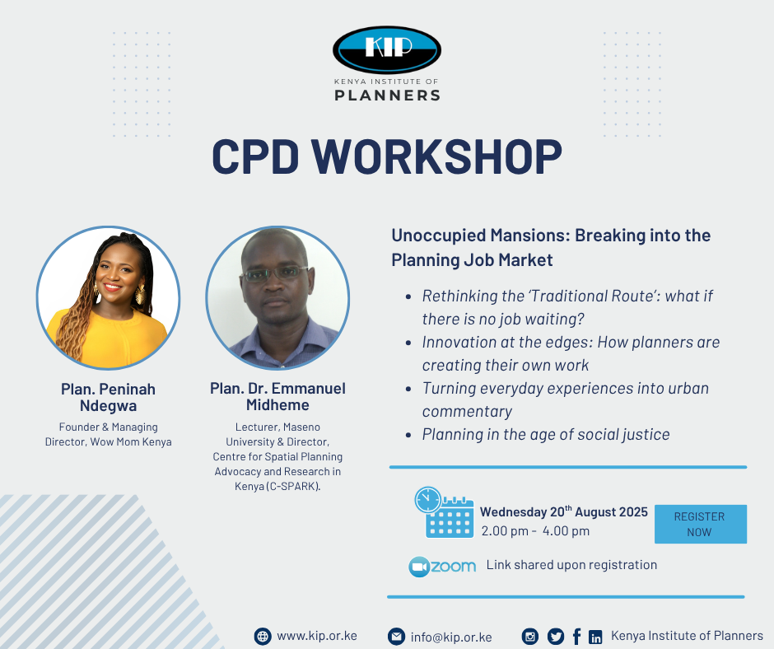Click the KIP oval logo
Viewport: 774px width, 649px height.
(x=387, y=49)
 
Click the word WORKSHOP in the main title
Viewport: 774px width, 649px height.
(x=437, y=156)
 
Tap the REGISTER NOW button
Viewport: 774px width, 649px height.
(x=701, y=524)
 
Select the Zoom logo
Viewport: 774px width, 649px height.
(x=442, y=567)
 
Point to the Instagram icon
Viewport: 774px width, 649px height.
(x=530, y=637)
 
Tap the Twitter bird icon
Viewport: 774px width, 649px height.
(x=555, y=637)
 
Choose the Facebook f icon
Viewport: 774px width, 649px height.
(x=576, y=637)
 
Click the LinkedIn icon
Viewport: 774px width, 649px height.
(x=595, y=637)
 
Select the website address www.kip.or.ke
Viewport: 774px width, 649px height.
(x=317, y=636)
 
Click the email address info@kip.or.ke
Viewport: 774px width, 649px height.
(x=451, y=637)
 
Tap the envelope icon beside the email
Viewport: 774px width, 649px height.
(x=396, y=637)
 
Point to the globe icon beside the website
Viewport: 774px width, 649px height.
(x=263, y=637)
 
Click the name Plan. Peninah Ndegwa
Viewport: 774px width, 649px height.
(x=108, y=397)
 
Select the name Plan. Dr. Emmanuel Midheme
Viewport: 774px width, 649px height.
(x=278, y=397)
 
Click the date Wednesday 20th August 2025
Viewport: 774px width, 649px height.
(x=564, y=511)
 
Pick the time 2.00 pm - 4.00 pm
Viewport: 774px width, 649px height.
(x=535, y=531)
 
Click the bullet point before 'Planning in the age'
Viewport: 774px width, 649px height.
(x=408, y=435)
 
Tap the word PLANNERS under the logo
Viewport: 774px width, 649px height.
(x=388, y=96)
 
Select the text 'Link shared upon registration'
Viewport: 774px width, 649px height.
(x=571, y=565)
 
